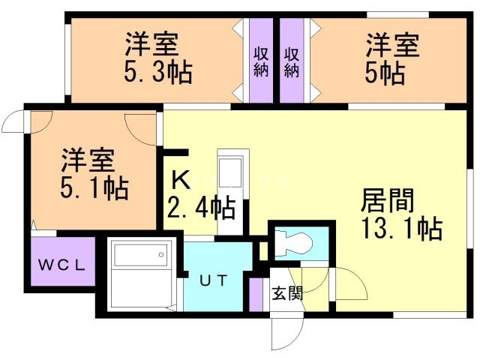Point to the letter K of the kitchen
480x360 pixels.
[180, 180]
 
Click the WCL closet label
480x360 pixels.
[63, 264]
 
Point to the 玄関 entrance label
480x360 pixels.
[287, 293]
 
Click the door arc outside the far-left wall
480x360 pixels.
[15, 120]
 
